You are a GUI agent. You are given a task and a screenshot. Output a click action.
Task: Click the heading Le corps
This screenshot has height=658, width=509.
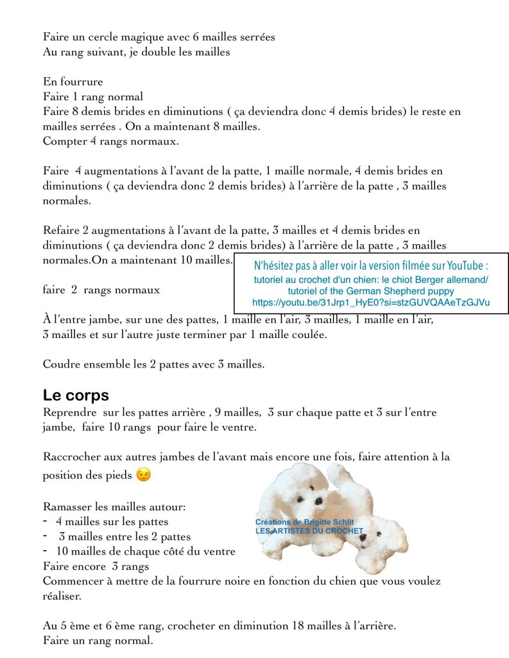pyautogui.click(x=76, y=395)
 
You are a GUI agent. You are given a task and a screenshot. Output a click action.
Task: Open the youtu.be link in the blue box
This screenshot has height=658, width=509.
pyautogui.click(x=371, y=302)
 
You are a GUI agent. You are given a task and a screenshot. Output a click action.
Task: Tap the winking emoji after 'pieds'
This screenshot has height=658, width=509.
pyautogui.click(x=145, y=476)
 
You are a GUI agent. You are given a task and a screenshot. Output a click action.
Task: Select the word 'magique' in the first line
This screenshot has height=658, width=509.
pyautogui.click(x=141, y=37)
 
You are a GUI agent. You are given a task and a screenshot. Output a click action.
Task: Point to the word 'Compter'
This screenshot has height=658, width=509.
pyautogui.click(x=64, y=141)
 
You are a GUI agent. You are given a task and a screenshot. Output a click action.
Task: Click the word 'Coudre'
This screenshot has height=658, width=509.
pyautogui.click(x=62, y=364)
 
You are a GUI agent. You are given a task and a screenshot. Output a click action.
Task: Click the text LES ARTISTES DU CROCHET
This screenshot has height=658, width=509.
pyautogui.click(x=309, y=531)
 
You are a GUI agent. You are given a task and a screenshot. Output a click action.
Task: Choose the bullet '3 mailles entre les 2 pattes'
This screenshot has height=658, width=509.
pyautogui.click(x=125, y=537)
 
